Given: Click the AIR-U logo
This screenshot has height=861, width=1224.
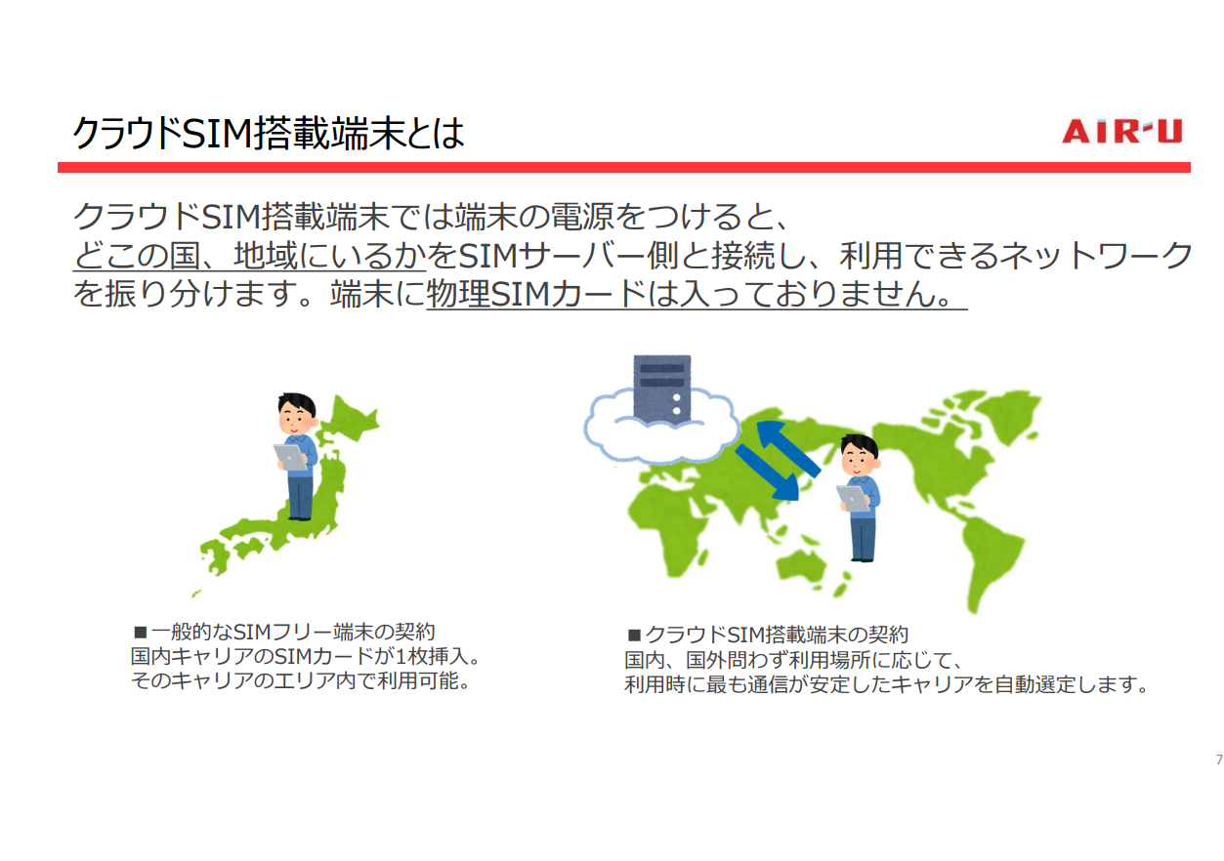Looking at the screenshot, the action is [1121, 131].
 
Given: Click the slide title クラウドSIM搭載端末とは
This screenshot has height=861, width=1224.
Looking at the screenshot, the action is [269, 133].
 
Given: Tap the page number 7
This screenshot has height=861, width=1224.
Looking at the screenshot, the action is [1218, 759].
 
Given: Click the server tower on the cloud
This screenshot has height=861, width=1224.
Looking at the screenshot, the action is [661, 389].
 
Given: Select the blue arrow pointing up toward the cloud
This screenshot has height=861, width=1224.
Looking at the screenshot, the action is [787, 448].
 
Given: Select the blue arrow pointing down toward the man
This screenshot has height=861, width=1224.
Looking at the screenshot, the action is [768, 472].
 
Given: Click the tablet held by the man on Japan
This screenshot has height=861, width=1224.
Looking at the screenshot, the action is [290, 457].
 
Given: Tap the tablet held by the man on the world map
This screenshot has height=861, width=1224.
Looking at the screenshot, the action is [853, 498].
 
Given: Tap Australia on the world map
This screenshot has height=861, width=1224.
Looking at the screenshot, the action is [801, 566].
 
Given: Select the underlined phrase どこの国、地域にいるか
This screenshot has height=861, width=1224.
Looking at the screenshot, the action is [250, 256].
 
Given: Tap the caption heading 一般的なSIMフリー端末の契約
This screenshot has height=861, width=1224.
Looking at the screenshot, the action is [293, 632].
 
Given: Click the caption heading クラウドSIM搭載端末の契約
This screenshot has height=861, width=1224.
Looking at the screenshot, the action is [777, 635].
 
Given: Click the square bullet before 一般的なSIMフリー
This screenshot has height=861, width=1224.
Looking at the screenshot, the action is [141, 633].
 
